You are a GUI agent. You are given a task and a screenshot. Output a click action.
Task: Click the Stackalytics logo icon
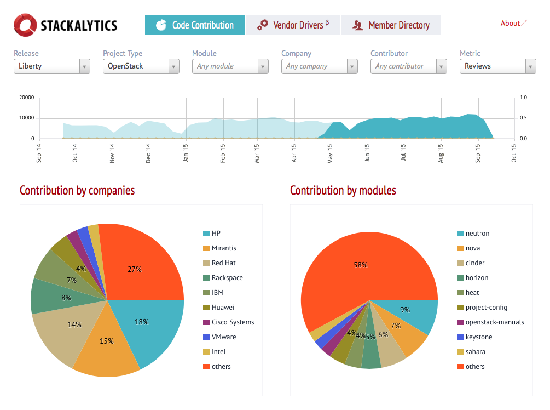tap(25, 25)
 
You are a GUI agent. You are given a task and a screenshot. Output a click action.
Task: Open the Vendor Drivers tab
tap(293, 25)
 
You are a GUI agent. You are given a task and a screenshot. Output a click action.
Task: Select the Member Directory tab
tap(391, 25)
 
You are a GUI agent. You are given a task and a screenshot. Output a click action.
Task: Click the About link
tap(510, 24)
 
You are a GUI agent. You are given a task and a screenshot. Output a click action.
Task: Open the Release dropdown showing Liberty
tap(52, 66)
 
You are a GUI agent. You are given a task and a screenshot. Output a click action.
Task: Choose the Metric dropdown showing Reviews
tap(497, 66)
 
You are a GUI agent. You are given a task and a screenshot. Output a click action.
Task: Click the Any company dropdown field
tap(319, 66)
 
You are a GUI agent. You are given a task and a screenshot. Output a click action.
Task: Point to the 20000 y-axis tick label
tap(27, 98)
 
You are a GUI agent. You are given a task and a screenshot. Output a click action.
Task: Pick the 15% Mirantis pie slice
tap(107, 345)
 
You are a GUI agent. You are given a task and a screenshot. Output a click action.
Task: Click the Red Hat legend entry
tap(223, 263)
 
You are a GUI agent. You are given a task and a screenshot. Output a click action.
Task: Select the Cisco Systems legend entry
tap(233, 322)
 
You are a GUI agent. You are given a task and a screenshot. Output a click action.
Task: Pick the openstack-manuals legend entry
tap(494, 322)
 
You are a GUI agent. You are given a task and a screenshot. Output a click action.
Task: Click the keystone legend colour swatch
tap(460, 337)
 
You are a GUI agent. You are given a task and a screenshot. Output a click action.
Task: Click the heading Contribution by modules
tap(343, 191)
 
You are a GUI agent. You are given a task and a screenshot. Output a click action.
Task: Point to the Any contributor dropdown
tap(408, 66)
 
